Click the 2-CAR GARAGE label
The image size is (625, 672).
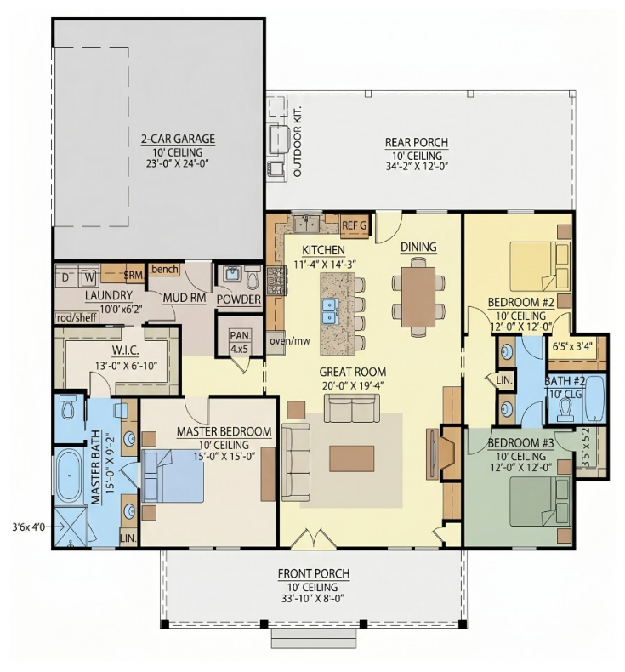(179, 139)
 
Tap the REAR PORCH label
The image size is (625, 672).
(417, 142)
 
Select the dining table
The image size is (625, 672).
(418, 297)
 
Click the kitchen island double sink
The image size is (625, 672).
(330, 310)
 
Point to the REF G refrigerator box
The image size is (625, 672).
(355, 225)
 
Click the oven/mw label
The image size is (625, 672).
(290, 341)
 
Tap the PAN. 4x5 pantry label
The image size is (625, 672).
(240, 342)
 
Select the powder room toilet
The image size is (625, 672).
(253, 277)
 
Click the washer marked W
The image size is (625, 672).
(89, 276)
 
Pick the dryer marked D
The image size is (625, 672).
(65, 277)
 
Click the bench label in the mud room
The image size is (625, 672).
(165, 269)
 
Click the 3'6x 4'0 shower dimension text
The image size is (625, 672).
(28, 527)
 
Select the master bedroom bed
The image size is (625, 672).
(173, 476)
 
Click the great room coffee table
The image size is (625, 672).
(352, 458)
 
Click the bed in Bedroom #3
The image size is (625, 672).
(540, 502)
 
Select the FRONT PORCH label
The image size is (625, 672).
(314, 573)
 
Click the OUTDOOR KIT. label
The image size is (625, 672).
(298, 141)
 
